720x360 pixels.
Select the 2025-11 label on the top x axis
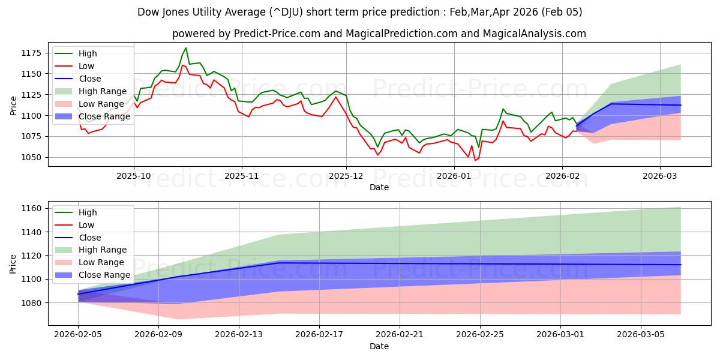coord(241,175)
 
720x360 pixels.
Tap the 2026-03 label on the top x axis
coord(660,175)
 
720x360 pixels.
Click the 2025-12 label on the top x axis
coord(346,175)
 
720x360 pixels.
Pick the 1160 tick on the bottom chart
coord(34,208)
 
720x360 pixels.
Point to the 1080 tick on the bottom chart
coord(34,303)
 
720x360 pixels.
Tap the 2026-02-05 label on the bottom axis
coord(78,334)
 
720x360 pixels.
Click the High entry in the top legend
coord(88,53)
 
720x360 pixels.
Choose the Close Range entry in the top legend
coord(104,116)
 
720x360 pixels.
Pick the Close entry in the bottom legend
coord(89,237)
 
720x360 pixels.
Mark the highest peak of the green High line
coord(186,48)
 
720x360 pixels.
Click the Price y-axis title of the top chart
coord(13,106)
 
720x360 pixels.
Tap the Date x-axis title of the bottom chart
coord(379,346)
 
